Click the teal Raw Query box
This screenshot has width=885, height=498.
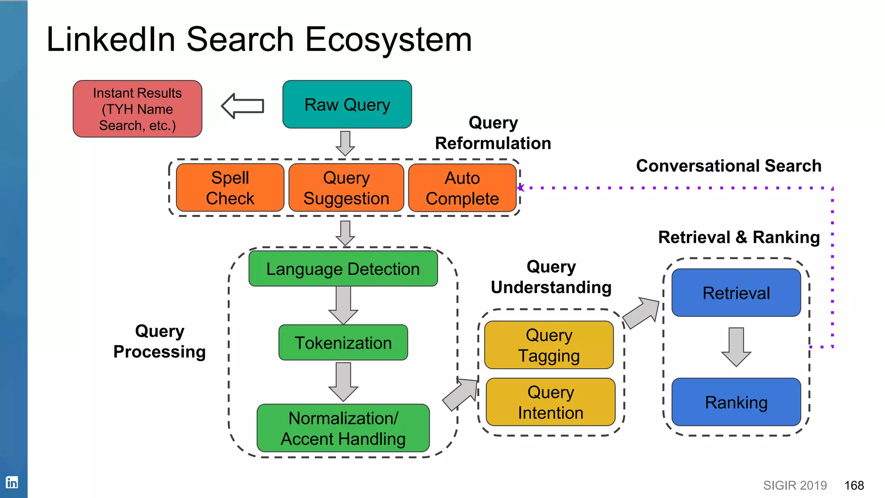point(347,104)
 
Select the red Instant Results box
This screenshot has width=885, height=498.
point(137,109)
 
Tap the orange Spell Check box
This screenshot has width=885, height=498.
point(230,188)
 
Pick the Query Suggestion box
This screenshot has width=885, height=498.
point(346,188)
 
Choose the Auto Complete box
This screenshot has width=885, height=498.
point(462,188)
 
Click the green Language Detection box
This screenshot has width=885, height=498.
point(343,269)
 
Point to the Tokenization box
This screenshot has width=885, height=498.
point(343,343)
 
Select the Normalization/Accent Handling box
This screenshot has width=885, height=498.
point(343,428)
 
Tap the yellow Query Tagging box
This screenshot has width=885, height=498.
point(549,345)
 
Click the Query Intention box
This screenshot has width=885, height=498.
point(551,402)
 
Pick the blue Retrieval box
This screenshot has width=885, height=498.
point(736,293)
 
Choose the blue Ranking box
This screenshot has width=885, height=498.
point(736,402)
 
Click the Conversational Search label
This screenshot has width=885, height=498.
point(729,166)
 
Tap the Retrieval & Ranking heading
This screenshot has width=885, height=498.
point(739,237)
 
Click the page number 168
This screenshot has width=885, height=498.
point(854,485)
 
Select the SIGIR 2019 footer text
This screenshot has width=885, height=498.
point(795,485)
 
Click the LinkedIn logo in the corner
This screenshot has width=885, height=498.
point(12,482)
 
